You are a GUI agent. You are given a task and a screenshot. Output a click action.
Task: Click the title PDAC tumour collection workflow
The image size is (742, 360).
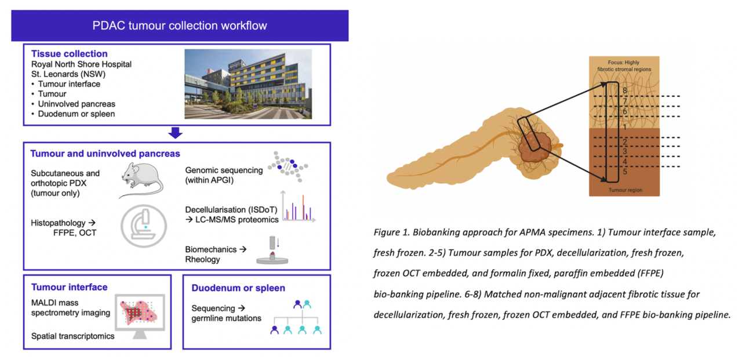180,26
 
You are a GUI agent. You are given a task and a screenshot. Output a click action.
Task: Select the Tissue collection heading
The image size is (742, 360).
69,54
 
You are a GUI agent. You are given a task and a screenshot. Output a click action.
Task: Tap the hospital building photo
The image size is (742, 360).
248,84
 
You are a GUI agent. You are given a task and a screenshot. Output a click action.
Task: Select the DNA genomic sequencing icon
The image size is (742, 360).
288,168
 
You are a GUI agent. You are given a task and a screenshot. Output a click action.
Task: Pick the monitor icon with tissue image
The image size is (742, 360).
142,316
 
